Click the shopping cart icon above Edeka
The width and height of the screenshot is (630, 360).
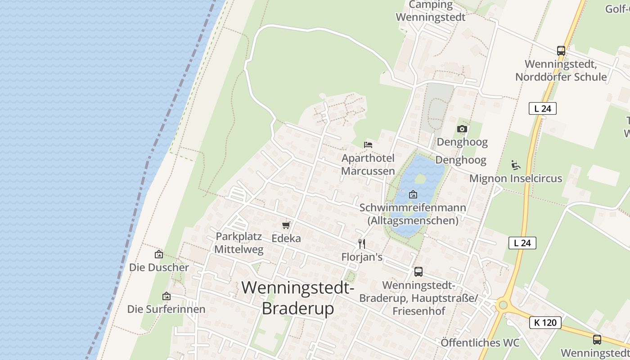[286, 225]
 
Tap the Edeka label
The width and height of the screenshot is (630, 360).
[286, 238]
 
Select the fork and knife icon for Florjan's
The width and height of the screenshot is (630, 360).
[361, 244]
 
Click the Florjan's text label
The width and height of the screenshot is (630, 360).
[362, 257]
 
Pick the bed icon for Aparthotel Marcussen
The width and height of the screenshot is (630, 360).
[368, 145]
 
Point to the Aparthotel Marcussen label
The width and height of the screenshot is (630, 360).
[368, 164]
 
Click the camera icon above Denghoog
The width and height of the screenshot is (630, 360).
[462, 129]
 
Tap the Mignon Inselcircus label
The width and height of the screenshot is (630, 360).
[516, 178]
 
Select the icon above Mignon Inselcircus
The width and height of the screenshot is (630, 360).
[516, 165]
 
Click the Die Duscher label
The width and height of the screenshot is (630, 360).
[159, 267]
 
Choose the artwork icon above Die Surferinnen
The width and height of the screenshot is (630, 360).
[166, 296]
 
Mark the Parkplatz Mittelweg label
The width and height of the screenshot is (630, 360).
[239, 243]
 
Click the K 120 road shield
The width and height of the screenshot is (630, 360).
[545, 322]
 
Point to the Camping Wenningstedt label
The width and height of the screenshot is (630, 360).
[431, 11]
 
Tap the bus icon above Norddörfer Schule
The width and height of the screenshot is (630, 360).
[561, 51]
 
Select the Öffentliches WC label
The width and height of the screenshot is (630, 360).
[480, 343]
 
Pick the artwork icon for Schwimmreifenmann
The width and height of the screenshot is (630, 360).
[413, 194]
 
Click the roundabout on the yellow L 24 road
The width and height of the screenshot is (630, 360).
[503, 305]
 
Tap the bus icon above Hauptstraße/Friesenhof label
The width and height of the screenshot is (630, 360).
[418, 272]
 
